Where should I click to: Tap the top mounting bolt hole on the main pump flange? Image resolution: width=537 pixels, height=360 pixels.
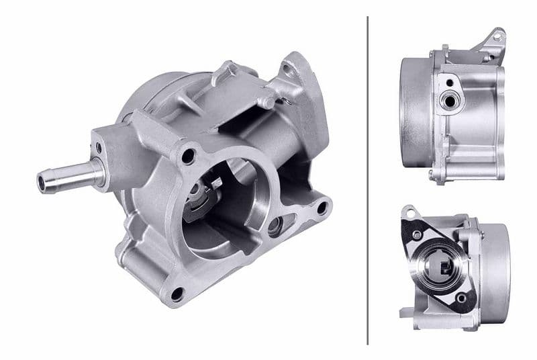click(x=189, y=156)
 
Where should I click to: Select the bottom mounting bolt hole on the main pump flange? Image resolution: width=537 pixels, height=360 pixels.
click(x=177, y=294)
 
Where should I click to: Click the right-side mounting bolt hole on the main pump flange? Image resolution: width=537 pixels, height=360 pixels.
click(x=322, y=208)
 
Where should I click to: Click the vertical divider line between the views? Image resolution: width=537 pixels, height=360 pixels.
click(x=368, y=180)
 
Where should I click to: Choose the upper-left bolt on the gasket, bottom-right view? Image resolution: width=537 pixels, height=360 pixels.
click(x=418, y=235)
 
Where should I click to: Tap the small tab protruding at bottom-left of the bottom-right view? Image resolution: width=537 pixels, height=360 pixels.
click(x=405, y=312)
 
